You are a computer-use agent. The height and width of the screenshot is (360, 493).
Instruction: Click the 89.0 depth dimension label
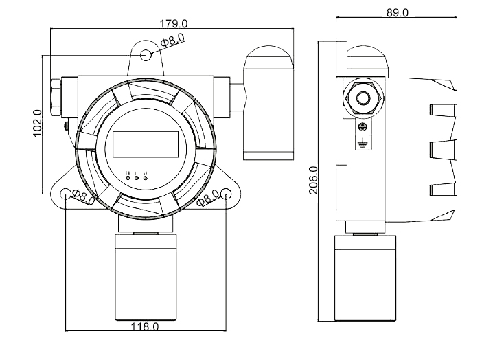(396, 12)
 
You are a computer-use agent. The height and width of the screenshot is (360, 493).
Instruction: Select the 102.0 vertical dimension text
(37, 123)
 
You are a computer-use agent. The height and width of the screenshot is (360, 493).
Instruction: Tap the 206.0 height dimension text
(313, 180)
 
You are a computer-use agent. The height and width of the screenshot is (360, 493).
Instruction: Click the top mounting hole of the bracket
(146, 55)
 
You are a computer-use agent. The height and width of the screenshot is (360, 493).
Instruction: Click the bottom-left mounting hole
(66, 194)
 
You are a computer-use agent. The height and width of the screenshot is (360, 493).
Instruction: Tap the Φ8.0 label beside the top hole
(172, 40)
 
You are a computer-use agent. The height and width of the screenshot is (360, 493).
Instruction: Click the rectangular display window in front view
(146, 143)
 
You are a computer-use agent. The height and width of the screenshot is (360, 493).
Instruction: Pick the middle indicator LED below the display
(137, 179)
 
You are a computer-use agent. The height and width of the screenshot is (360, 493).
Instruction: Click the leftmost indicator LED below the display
(128, 179)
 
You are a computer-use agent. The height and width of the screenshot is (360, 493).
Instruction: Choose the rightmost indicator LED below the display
(146, 179)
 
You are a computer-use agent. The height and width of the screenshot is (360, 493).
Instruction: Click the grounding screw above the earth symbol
(363, 126)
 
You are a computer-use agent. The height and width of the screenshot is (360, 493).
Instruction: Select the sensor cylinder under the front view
(146, 275)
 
